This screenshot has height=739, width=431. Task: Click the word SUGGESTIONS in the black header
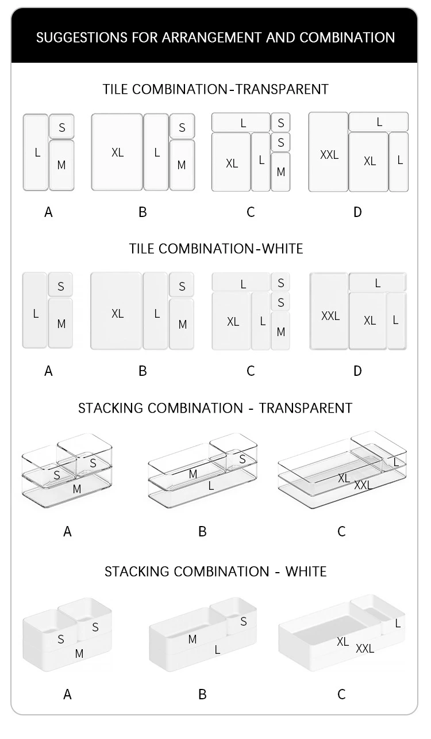82,37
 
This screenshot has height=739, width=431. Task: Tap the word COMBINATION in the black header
347,37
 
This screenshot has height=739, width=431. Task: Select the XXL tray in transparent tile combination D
328,152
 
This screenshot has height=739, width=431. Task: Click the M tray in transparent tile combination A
61,165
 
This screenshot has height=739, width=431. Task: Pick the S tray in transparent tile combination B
182,127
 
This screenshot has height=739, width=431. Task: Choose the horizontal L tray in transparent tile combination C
241,123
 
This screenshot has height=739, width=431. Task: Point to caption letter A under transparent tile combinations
48,212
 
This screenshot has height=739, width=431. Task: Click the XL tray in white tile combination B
116,311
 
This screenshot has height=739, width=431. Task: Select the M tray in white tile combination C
280,330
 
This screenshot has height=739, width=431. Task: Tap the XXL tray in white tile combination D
329,311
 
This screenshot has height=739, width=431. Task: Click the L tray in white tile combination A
34,310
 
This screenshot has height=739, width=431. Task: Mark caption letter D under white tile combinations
357,371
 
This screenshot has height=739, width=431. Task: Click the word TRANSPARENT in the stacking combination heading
306,408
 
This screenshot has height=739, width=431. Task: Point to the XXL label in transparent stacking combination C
363,485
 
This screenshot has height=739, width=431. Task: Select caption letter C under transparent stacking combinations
342,531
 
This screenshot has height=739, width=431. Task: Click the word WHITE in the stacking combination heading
306,572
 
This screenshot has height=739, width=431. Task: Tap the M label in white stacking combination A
79,654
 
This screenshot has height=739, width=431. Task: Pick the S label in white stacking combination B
244,622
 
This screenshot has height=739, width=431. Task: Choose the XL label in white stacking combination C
343,642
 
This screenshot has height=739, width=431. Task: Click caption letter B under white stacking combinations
202,695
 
